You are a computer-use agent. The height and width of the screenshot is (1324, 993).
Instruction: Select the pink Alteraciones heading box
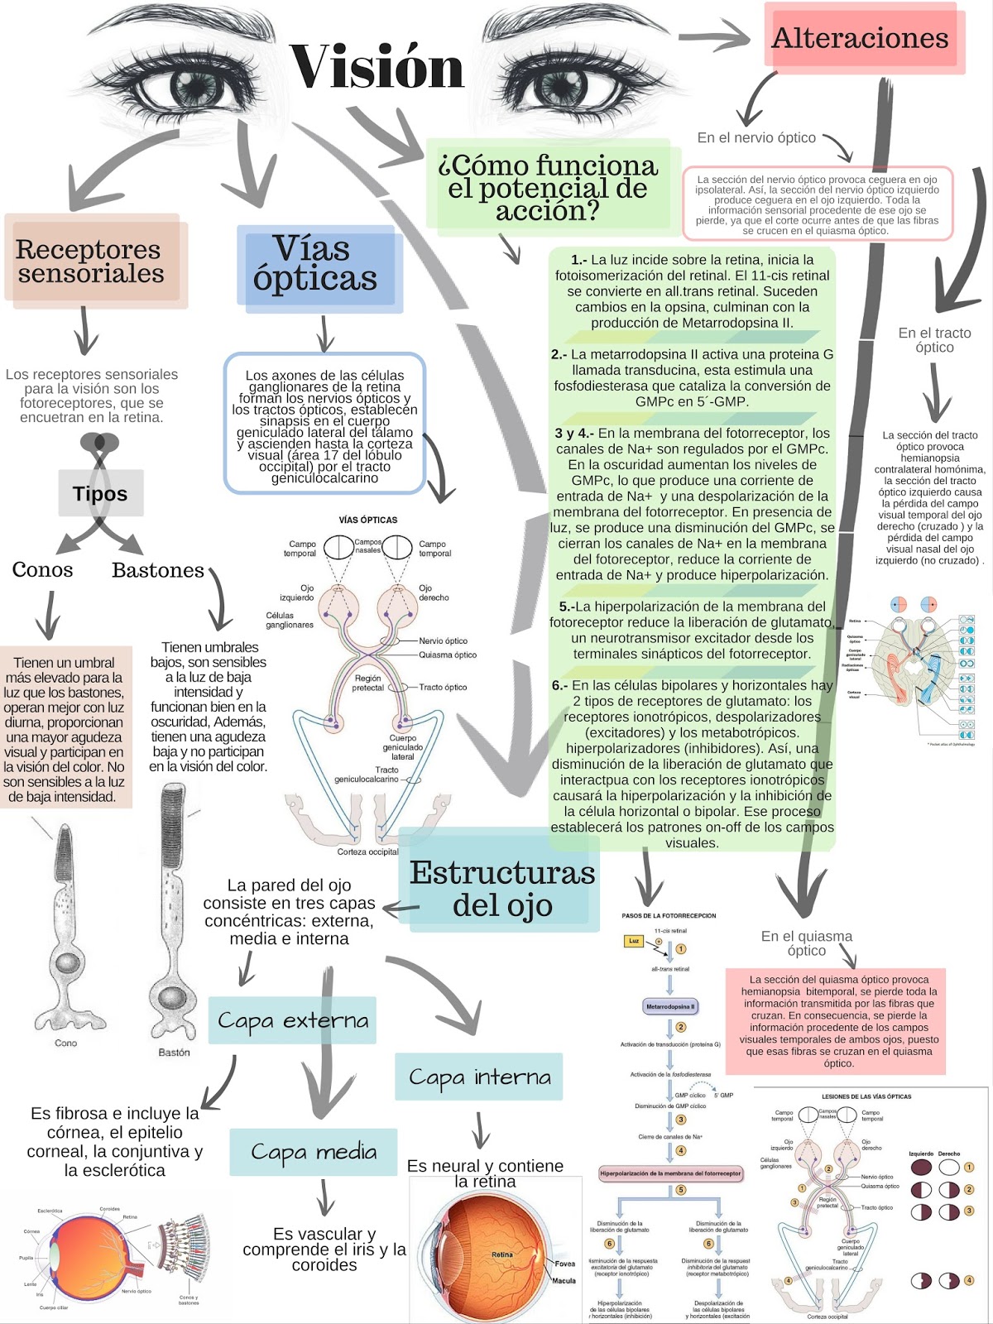(x=861, y=38)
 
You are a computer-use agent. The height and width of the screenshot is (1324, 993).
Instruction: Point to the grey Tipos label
(x=100, y=494)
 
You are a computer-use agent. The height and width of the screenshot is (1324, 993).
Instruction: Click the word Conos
(x=42, y=569)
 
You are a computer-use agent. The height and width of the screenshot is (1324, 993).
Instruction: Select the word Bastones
(x=158, y=570)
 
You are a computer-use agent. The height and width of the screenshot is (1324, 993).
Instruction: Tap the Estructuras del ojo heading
(x=502, y=888)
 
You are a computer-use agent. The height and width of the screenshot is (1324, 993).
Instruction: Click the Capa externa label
(x=293, y=1019)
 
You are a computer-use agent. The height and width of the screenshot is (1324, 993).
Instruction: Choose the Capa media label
(x=314, y=1151)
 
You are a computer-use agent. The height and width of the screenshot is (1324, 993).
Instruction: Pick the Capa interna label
(x=479, y=1077)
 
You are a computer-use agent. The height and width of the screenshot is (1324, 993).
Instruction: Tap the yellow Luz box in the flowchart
(x=634, y=941)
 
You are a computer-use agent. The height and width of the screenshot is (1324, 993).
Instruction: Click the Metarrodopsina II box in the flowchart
(x=670, y=1007)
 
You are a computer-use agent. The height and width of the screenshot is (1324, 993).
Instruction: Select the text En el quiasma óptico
(x=806, y=943)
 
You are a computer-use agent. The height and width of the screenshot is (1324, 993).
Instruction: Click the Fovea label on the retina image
(x=565, y=1264)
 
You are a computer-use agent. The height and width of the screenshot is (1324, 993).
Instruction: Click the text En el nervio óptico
(x=756, y=137)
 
